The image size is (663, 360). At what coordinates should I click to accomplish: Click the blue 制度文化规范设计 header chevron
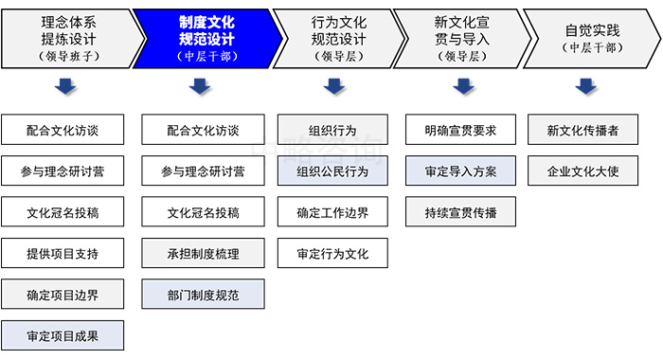206,38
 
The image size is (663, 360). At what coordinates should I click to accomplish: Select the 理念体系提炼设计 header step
68,38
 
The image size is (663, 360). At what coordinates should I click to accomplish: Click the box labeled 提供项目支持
63,253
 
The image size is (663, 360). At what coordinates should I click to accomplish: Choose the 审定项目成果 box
63,335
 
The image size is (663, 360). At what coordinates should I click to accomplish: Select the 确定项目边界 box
63,295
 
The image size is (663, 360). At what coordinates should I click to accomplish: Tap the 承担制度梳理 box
203,253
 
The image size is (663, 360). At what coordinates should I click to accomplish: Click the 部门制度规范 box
203,295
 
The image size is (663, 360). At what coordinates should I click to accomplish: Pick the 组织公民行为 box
332,171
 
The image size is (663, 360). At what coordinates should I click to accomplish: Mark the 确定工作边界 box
332,212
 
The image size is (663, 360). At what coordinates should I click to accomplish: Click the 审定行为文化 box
332,253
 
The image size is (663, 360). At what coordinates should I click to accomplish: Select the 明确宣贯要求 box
461,130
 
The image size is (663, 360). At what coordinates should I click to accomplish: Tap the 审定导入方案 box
461,171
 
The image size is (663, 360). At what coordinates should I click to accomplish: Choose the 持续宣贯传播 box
461,212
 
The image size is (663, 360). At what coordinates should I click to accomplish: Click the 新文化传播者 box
584,130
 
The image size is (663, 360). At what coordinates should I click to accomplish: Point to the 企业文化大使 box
584,171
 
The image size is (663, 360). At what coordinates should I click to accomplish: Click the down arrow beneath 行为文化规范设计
332,86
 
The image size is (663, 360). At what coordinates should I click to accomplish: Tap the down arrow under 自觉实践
586,86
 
